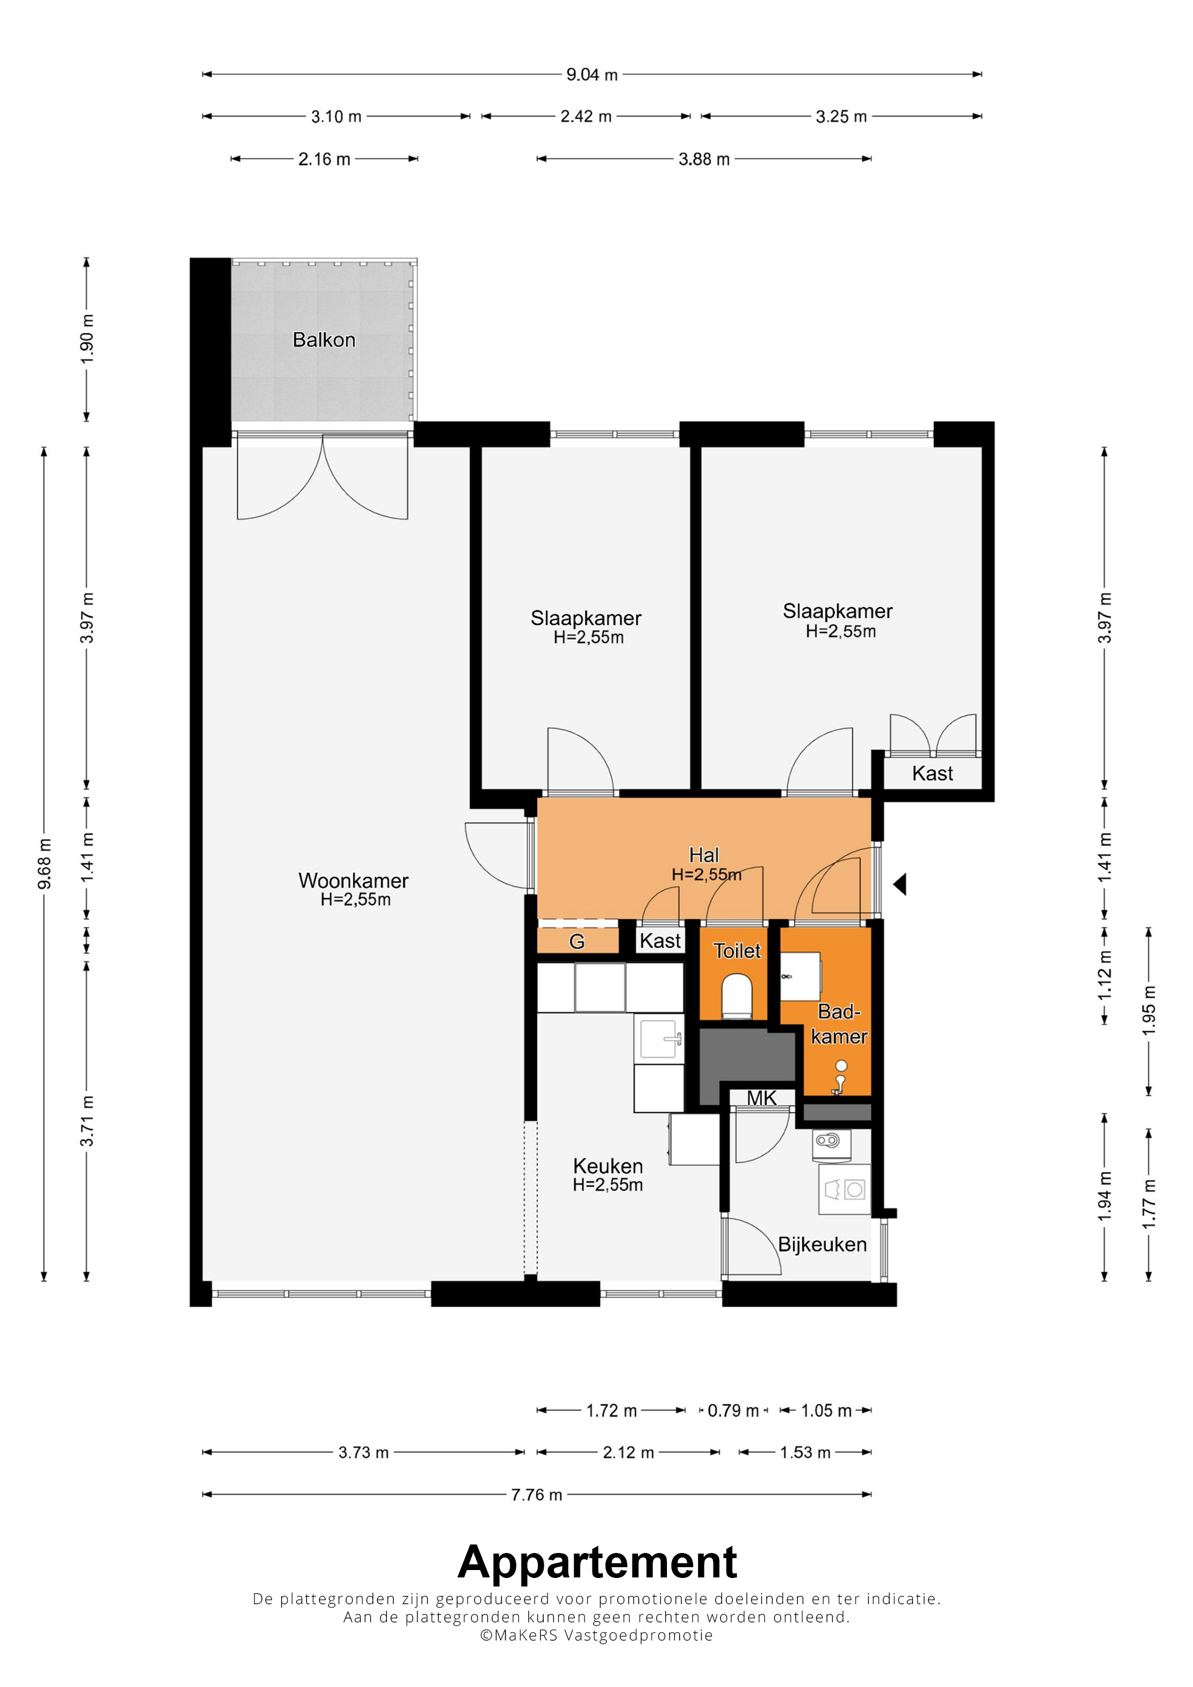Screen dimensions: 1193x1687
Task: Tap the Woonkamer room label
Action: (353, 880)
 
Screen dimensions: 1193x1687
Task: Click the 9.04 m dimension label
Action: (592, 74)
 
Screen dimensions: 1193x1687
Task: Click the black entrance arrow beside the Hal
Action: (900, 884)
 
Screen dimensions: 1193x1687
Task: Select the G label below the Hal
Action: (577, 941)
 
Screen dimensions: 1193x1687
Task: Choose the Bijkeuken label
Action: (823, 1244)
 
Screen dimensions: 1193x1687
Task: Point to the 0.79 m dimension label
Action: (733, 1410)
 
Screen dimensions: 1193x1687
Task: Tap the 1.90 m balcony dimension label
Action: (87, 339)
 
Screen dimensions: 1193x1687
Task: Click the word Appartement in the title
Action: (597, 1562)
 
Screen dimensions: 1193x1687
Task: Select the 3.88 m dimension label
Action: (704, 159)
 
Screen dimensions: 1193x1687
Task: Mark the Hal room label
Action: (704, 855)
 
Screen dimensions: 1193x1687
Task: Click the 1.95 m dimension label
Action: (1149, 1011)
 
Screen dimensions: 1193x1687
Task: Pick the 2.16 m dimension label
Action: (324, 159)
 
